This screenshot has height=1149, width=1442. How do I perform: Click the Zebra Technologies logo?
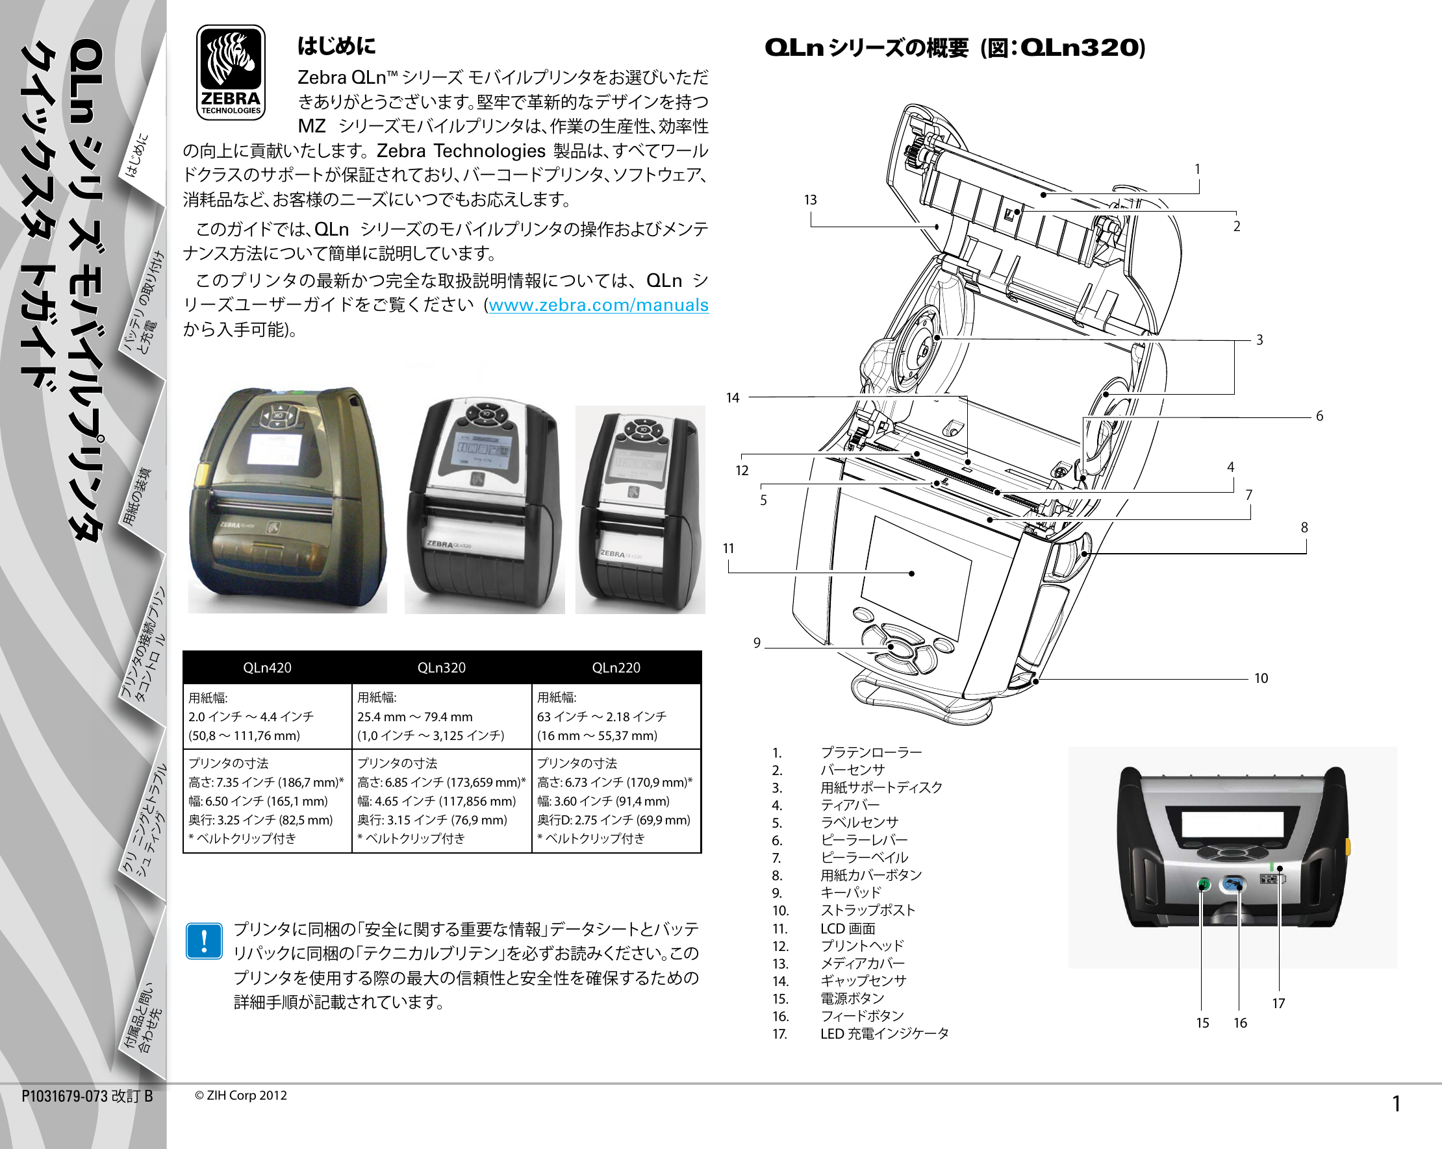(231, 73)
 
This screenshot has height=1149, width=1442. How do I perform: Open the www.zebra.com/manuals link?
(598, 305)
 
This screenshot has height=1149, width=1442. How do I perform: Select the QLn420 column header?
(267, 667)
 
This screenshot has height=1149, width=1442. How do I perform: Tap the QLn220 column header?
(615, 667)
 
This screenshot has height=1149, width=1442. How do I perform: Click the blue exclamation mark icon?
(204, 941)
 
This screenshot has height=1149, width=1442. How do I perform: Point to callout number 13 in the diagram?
(810, 200)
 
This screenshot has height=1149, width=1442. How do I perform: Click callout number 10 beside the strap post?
(1261, 678)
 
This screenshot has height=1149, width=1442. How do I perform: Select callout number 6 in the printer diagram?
(1319, 415)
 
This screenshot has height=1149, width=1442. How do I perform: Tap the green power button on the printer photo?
(1203, 885)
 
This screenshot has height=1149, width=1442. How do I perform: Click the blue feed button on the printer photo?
(1233, 885)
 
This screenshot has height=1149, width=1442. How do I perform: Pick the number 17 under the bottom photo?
(1278, 1004)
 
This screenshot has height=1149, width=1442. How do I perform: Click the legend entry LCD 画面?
(848, 928)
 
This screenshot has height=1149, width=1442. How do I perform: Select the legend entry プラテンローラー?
(871, 752)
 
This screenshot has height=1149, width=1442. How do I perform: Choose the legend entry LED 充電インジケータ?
(884, 1033)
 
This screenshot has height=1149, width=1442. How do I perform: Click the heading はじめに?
(336, 46)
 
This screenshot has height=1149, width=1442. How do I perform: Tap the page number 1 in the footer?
(1396, 1104)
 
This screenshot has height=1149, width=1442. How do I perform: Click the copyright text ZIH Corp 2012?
(241, 1096)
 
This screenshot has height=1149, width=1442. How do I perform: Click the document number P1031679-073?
(65, 1096)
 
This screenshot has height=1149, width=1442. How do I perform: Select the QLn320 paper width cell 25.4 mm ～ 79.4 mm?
(414, 717)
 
